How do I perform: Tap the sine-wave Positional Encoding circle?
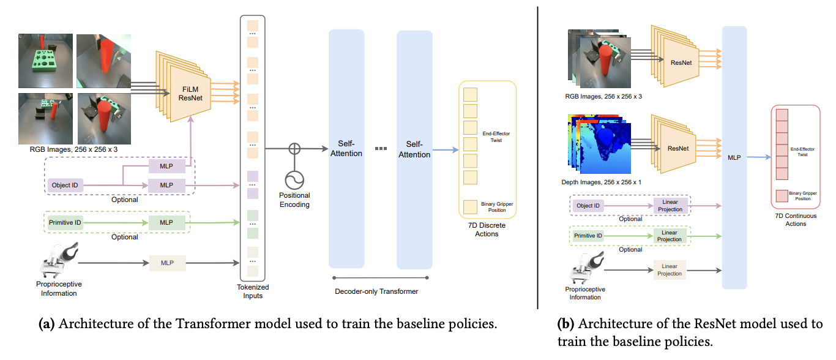point(295,180)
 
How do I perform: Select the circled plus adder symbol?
point(295,148)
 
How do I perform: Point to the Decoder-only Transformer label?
point(376,291)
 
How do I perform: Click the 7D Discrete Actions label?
point(487,230)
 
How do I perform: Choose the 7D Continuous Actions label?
point(796,220)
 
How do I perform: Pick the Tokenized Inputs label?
point(253,291)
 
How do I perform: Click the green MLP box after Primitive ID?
point(166,222)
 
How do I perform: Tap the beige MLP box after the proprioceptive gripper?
point(166,263)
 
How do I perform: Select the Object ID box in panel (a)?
point(65,185)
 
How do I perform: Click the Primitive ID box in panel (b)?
point(588,236)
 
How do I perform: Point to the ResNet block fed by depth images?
point(678,148)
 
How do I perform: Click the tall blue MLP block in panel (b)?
point(734,157)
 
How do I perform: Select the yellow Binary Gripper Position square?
point(470,206)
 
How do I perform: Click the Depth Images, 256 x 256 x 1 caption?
point(602,182)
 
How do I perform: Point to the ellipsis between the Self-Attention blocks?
point(380,149)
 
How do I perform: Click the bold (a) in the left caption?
point(47,324)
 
